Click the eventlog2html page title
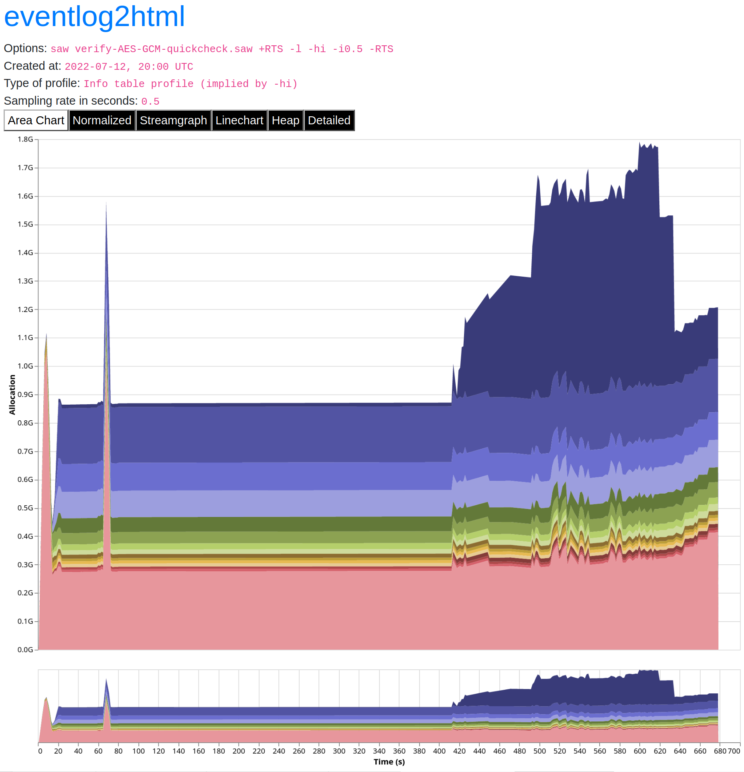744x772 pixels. point(94,17)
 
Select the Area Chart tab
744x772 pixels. point(36,120)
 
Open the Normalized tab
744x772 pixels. point(102,120)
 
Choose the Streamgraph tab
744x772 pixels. point(173,120)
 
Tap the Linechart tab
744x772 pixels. point(239,120)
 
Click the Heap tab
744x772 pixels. point(285,120)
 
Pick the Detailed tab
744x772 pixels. point(329,120)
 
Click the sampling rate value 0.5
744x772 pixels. point(150,101)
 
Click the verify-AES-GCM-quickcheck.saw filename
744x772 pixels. point(164,49)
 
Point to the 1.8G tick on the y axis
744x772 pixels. point(25,139)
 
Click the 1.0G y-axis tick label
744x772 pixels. point(25,366)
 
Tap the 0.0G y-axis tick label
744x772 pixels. point(25,649)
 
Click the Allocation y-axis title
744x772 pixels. point(12,394)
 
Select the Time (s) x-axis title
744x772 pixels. point(389,762)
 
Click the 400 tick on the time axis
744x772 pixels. point(439,751)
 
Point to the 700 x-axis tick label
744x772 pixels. point(734,751)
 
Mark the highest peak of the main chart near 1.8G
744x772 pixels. point(639,142)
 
